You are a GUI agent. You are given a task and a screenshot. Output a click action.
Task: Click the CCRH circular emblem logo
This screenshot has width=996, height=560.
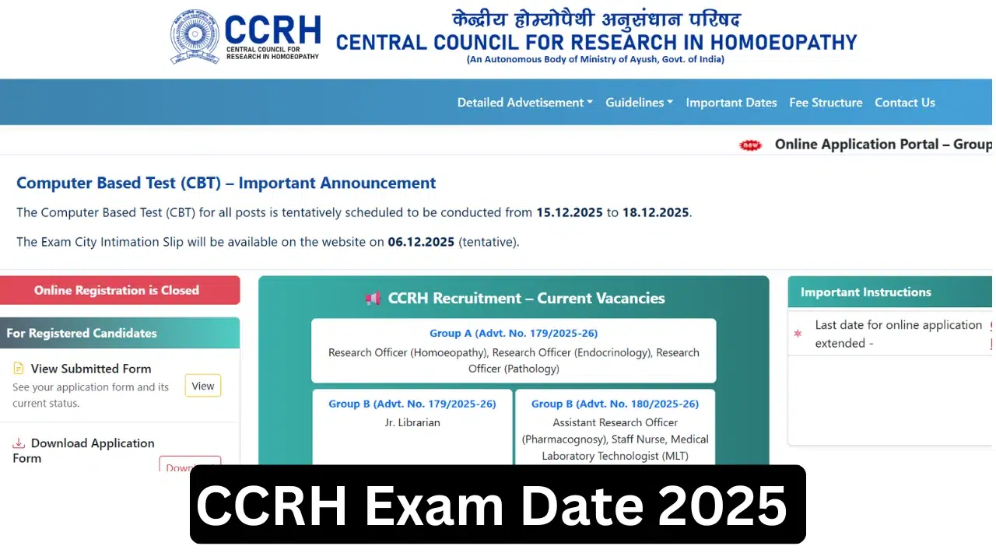[195, 37]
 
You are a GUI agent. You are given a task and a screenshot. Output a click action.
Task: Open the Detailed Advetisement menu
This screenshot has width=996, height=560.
[524, 103]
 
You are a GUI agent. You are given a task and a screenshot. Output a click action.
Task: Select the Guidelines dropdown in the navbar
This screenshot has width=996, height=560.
[639, 103]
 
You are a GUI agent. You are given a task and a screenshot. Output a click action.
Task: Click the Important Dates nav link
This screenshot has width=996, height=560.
[731, 103]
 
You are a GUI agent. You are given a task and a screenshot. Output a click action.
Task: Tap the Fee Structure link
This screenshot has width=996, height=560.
[826, 103]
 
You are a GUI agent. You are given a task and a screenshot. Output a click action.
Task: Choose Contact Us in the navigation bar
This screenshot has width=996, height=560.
[904, 103]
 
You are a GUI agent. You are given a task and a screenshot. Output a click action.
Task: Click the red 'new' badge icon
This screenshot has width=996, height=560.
[750, 145]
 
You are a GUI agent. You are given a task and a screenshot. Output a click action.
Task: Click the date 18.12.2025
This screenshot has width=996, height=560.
[655, 212]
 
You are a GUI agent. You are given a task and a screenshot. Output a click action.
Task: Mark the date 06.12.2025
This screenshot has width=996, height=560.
[421, 242]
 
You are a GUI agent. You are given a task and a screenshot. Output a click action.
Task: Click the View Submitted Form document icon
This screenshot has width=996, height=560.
[19, 369]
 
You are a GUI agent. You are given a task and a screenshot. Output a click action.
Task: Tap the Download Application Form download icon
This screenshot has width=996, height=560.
[19, 443]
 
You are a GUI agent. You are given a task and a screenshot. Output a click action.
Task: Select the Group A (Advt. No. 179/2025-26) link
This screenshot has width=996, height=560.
[514, 333]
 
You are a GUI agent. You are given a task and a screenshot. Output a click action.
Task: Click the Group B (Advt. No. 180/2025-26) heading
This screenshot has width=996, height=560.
[615, 404]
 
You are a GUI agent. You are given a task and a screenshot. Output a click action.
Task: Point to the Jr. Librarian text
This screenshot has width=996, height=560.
[412, 422]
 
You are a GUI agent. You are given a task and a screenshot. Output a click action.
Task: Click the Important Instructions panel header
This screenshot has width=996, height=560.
[865, 292]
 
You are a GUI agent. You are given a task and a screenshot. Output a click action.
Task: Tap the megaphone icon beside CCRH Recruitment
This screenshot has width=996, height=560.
[373, 298]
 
